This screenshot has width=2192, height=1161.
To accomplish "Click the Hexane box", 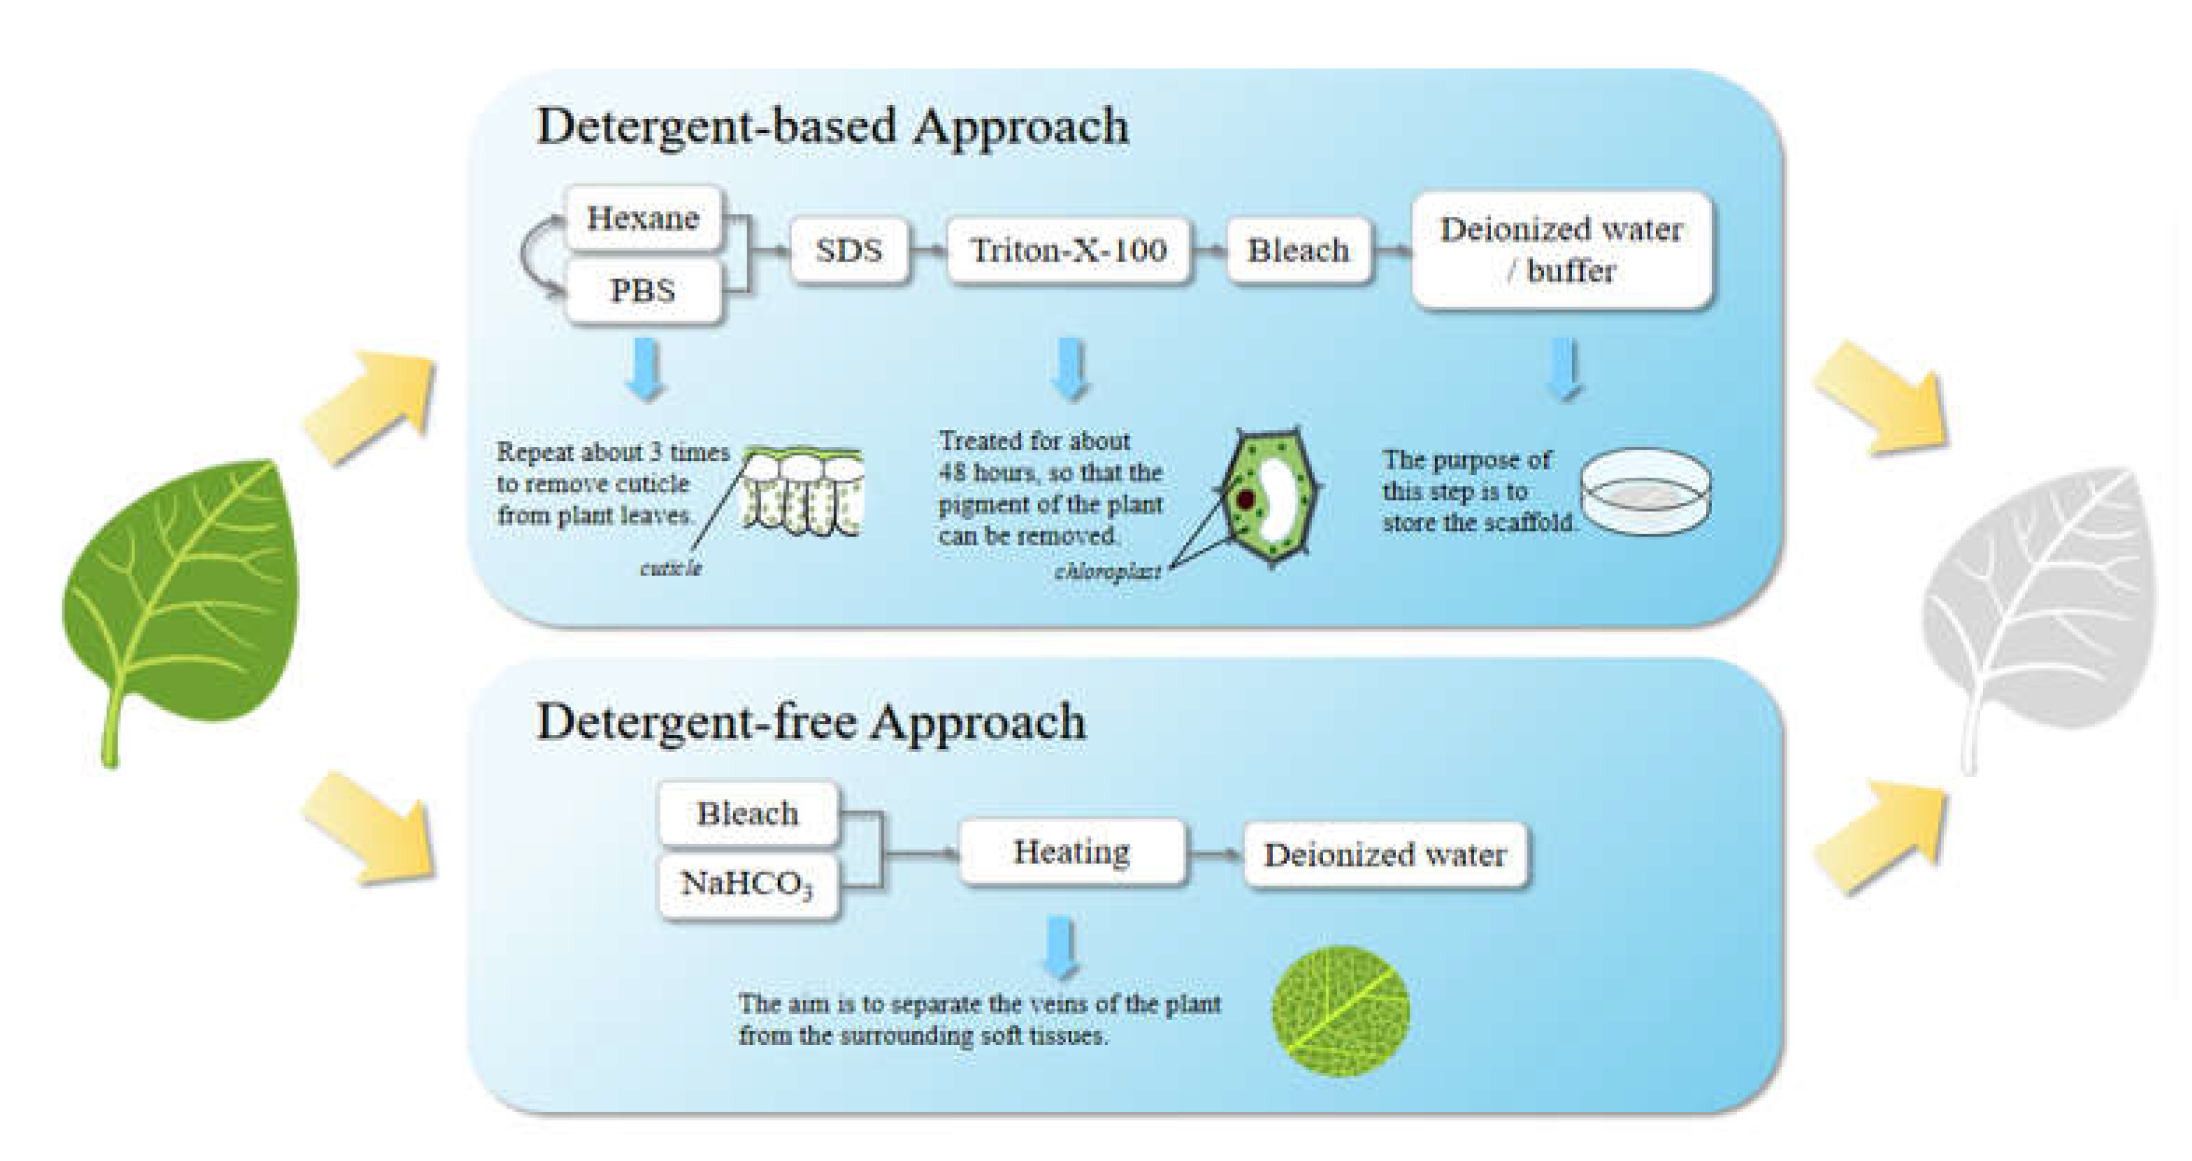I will (643, 219).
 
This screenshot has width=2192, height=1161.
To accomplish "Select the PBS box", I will (643, 291).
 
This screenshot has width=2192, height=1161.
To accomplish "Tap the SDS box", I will (849, 250).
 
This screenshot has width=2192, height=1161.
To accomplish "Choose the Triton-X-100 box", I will (1068, 250).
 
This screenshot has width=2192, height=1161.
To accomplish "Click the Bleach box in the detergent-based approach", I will (1298, 250).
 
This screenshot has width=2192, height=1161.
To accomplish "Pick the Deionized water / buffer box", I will (1561, 250).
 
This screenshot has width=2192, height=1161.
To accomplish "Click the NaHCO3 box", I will (747, 885).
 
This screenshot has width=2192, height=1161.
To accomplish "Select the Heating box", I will (1072, 851).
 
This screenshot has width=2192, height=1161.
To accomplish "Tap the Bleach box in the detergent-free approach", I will (747, 813).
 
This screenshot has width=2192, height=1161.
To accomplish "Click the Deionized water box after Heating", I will (1385, 855).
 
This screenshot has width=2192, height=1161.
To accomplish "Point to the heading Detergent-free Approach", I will (811, 722).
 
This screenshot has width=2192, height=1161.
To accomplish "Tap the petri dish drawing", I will (1645, 491).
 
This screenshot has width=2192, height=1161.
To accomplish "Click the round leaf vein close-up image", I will (1340, 1011).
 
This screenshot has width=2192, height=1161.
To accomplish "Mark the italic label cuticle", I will (670, 568).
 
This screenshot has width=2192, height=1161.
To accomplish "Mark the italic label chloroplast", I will (1107, 572).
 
